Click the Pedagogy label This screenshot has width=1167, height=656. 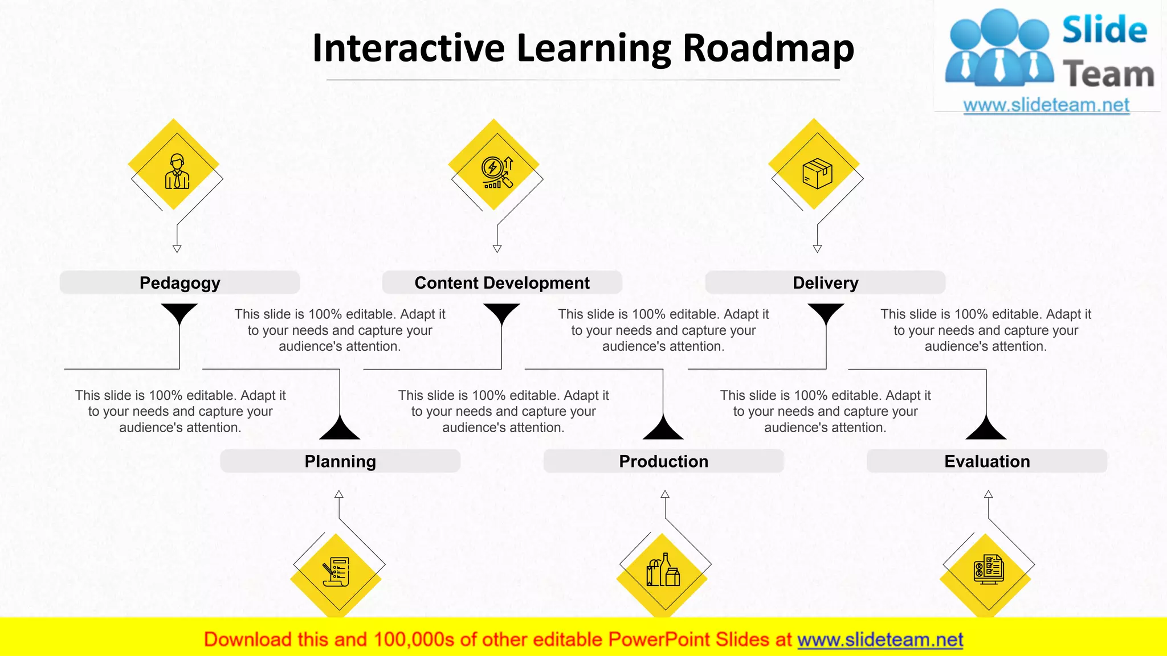pos(179,283)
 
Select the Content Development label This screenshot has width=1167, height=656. pos(501,283)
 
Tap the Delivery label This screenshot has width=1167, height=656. pos(825,283)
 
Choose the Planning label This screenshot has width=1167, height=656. pos(340,461)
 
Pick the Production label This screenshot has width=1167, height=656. pos(663,461)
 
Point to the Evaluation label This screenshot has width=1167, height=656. pos(987,461)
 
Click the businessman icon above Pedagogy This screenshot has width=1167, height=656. pos(177,171)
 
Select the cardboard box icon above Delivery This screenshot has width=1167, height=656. pos(817,173)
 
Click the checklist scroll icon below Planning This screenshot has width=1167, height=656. pos(336,571)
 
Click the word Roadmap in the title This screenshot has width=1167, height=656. pos(768,48)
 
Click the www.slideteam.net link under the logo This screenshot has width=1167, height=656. pos(1046,105)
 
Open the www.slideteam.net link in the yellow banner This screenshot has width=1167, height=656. pos(880,640)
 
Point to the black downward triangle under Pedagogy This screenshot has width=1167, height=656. pos(179,313)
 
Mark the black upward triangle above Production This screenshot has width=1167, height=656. pos(663,429)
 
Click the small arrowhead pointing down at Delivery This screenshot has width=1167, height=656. pos(817,249)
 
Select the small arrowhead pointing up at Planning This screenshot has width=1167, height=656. pos(339,494)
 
